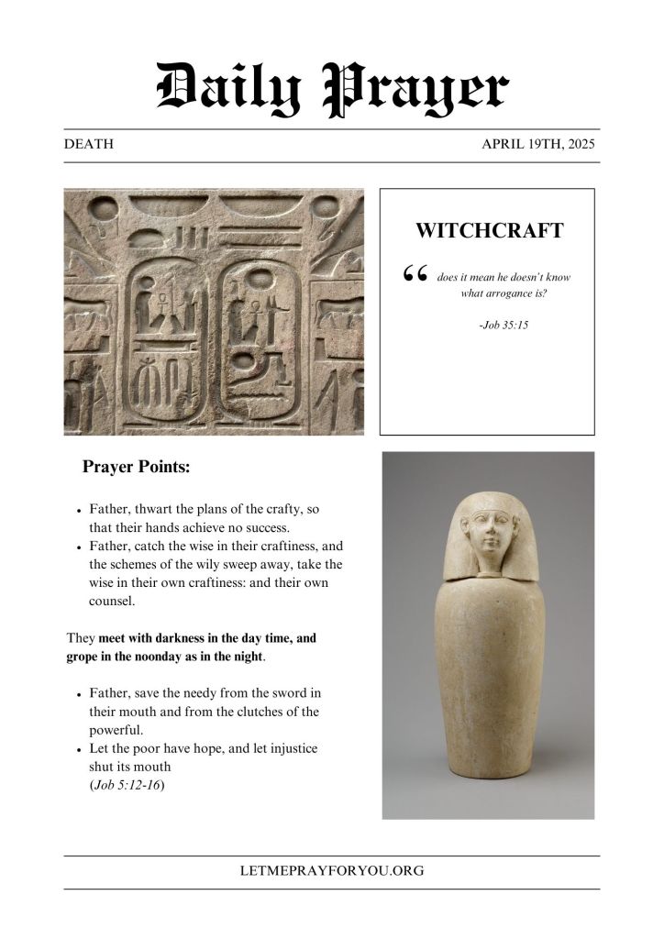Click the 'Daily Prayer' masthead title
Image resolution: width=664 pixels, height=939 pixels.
pos(332,89)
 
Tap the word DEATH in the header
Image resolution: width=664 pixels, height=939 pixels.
pos(89,145)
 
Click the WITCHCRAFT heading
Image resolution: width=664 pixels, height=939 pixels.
pos(489,230)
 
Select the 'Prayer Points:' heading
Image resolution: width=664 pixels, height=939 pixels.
pos(136,467)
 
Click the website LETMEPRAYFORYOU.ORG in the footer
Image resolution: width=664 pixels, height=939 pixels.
pos(332,871)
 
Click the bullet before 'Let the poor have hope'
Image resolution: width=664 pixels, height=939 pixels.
pos(80,749)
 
